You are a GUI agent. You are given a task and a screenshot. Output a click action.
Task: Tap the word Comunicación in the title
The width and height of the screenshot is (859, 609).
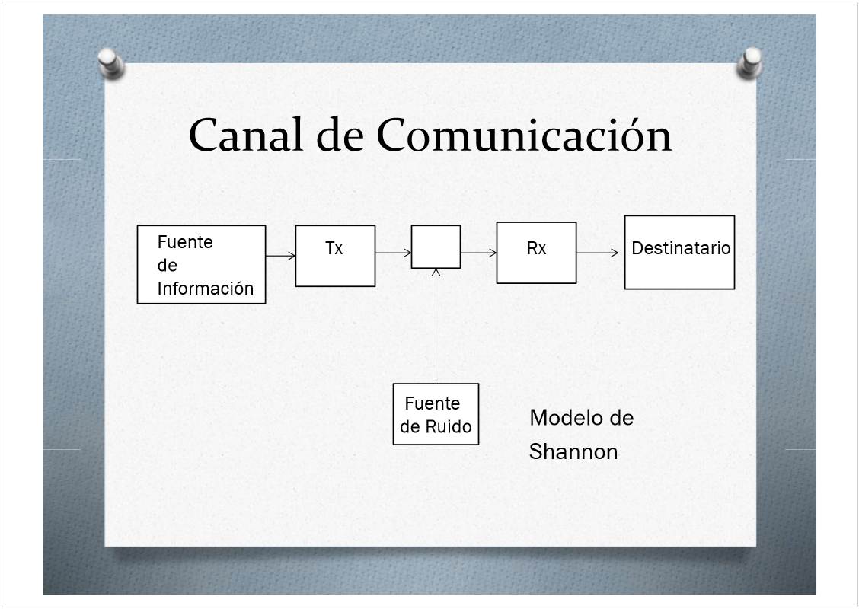tap(524, 136)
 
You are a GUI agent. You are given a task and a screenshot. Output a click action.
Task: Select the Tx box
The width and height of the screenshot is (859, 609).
tap(335, 256)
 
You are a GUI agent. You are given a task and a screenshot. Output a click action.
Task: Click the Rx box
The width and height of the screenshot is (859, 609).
tap(536, 253)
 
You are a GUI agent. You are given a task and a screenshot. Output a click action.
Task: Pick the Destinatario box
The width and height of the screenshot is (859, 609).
tap(679, 253)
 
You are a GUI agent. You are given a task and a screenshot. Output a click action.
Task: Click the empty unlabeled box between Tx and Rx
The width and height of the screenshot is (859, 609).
tap(436, 247)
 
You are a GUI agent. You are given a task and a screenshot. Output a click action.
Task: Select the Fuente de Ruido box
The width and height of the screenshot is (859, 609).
tap(436, 414)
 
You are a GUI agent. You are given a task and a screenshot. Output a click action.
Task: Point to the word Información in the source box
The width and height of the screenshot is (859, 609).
tap(206, 289)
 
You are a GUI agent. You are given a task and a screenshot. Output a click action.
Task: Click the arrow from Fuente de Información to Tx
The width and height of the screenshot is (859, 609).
tap(280, 256)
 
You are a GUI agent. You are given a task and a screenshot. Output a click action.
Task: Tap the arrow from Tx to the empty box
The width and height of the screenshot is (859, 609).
tap(393, 253)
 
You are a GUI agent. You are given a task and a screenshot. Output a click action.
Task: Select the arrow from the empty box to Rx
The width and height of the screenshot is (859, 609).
tap(478, 253)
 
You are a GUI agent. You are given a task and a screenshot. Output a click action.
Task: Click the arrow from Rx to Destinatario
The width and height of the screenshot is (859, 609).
tap(598, 253)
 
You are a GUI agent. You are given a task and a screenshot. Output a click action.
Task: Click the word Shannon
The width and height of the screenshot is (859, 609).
tap(573, 452)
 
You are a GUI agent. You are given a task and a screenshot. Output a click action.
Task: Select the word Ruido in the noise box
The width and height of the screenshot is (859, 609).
tap(449, 427)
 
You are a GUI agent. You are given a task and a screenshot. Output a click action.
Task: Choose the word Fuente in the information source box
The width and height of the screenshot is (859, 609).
tap(185, 242)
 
